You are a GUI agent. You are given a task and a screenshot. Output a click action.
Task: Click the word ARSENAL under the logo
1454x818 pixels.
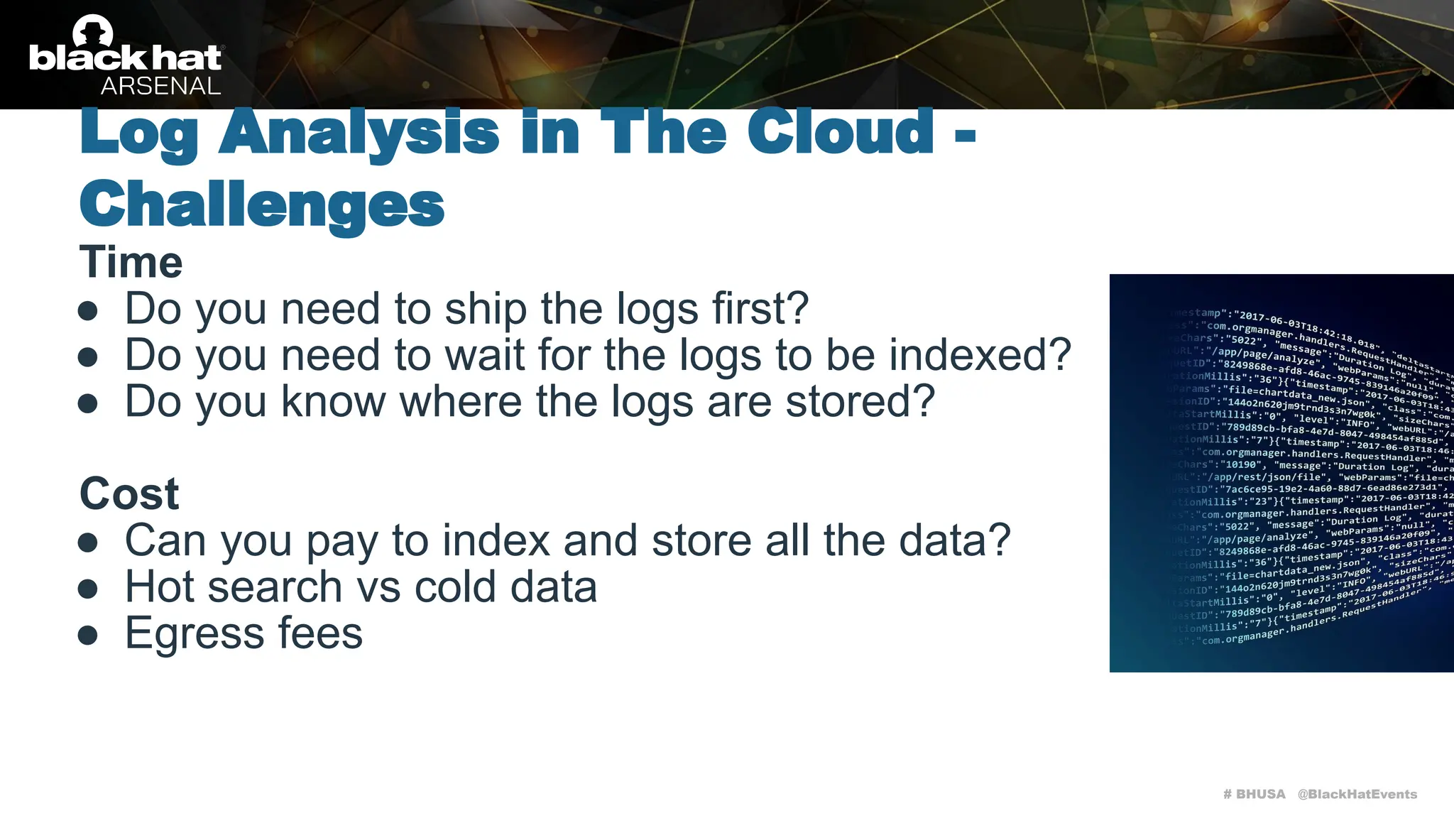tap(160, 86)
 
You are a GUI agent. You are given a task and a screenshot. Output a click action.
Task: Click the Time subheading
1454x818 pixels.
tap(131, 262)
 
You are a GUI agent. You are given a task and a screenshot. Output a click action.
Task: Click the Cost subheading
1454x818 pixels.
tap(129, 493)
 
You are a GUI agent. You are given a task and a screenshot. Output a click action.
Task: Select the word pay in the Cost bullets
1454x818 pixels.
tap(341, 541)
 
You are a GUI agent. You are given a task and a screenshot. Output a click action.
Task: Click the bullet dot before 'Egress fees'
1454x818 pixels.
tap(88, 635)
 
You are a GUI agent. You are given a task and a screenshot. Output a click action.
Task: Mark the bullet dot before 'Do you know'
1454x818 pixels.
tap(88, 403)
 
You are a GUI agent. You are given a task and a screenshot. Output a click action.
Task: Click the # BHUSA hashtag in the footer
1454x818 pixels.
tap(1254, 794)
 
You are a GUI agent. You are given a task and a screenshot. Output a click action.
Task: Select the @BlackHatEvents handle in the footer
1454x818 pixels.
tap(1357, 794)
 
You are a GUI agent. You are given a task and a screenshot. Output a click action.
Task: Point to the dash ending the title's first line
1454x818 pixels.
tap(965, 135)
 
